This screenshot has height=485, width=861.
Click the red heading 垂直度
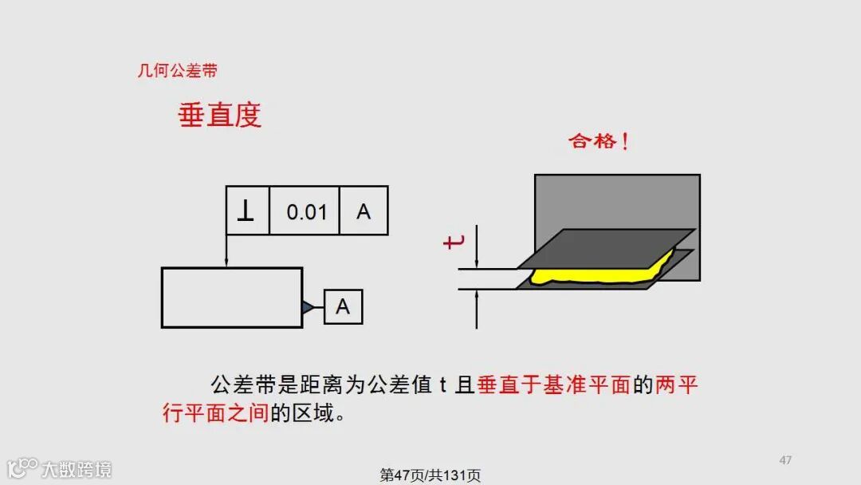(x=219, y=116)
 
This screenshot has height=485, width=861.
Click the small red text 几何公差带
(x=177, y=71)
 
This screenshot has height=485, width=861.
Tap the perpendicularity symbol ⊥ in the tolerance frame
(x=247, y=211)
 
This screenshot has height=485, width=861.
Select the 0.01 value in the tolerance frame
(x=307, y=211)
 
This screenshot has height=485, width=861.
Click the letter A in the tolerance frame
(x=364, y=211)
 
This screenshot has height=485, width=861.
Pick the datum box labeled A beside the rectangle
(x=343, y=307)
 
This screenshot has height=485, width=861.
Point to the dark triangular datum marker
(x=308, y=307)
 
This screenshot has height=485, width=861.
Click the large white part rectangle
(x=231, y=298)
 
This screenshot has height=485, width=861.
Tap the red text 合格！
(x=600, y=142)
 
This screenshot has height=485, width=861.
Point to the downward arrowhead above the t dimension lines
(x=477, y=262)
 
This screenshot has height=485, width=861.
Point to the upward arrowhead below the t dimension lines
(x=477, y=294)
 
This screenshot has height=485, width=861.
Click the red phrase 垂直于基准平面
(x=554, y=386)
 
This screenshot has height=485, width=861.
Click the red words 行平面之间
(x=215, y=414)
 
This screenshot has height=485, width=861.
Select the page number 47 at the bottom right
(x=785, y=459)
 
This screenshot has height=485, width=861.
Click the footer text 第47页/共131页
(x=431, y=475)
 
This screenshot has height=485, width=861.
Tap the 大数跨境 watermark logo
(x=60, y=468)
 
